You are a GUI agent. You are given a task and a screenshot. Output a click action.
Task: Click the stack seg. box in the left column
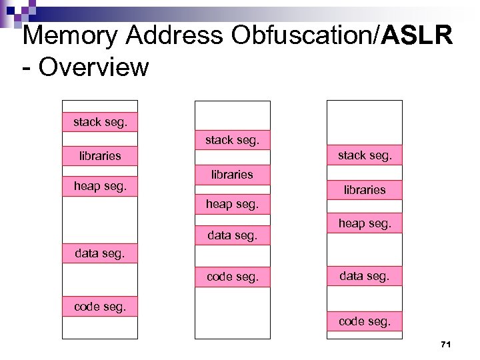pyautogui.click(x=99, y=122)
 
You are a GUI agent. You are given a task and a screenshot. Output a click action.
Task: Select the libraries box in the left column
pyautogui.click(x=99, y=156)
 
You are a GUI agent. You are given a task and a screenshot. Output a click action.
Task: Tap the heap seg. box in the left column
pyautogui.click(x=99, y=187)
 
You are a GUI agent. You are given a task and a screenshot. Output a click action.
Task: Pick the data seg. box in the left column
pyautogui.click(x=99, y=254)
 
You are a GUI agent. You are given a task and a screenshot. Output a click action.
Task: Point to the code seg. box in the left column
pyautogui.click(x=99, y=306)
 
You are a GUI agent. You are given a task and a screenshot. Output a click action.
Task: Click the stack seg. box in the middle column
pyautogui.click(x=232, y=140)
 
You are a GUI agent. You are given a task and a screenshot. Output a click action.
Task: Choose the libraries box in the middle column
pyautogui.click(x=232, y=174)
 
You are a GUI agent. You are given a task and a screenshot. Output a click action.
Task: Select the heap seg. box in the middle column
pyautogui.click(x=232, y=204)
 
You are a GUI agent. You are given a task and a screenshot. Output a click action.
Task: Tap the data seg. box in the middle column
pyautogui.click(x=232, y=235)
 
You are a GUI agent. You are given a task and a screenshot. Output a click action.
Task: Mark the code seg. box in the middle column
pyautogui.click(x=232, y=277)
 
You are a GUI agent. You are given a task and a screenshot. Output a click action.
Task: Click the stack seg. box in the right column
pyautogui.click(x=364, y=155)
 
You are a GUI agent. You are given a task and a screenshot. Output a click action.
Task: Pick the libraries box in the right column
pyautogui.click(x=364, y=189)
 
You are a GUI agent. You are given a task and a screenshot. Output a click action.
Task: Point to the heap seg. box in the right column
pyautogui.click(x=364, y=223)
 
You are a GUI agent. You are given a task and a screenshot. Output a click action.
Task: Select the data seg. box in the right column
pyautogui.click(x=364, y=275)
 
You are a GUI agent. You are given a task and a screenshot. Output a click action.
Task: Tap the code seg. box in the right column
pyautogui.click(x=364, y=321)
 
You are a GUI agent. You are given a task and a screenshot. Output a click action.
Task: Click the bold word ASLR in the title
pyautogui.click(x=417, y=35)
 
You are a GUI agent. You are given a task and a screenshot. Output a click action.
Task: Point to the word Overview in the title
pyautogui.click(x=94, y=67)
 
